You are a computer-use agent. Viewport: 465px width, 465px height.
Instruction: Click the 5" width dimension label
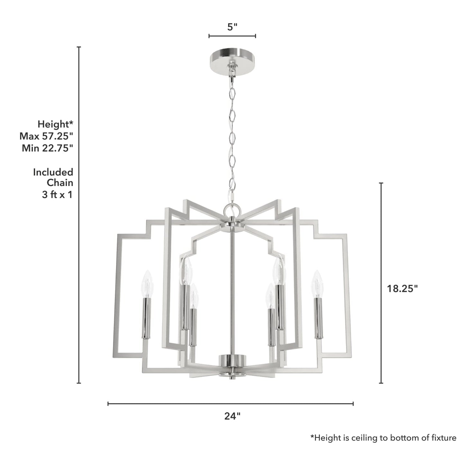pyautogui.click(x=232, y=27)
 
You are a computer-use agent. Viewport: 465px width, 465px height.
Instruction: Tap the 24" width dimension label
pyautogui.click(x=232, y=416)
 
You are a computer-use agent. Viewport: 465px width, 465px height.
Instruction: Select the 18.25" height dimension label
pyautogui.click(x=402, y=289)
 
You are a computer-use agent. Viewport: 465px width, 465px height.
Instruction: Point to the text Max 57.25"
pyautogui.click(x=46, y=136)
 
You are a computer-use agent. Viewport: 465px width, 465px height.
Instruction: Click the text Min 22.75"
pyautogui.click(x=48, y=148)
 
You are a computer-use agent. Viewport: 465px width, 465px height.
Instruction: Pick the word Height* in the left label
pyautogui.click(x=55, y=124)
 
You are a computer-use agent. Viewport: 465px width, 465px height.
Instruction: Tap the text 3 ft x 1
pyautogui.click(x=57, y=194)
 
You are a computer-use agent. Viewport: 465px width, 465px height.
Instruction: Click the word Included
pyautogui.click(x=53, y=172)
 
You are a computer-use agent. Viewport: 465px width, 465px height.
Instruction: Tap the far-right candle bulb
pyautogui.click(x=317, y=283)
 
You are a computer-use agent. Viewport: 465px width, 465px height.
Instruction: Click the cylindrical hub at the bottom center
pyautogui.click(x=232, y=360)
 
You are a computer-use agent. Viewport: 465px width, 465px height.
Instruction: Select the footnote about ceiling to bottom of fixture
pyautogui.click(x=383, y=438)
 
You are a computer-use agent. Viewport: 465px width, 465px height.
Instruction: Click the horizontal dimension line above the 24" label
pyautogui.click(x=230, y=404)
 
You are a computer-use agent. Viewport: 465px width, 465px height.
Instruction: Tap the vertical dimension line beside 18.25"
pyautogui.click(x=381, y=283)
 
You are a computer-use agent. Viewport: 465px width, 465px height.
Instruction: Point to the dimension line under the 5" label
pyautogui.click(x=232, y=36)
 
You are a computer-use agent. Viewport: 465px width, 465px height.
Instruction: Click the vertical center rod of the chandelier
pyautogui.click(x=232, y=290)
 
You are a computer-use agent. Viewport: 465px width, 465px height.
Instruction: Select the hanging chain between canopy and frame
pyautogui.click(x=231, y=135)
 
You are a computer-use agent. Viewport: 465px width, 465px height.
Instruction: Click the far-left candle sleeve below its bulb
pyautogui.click(x=146, y=318)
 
